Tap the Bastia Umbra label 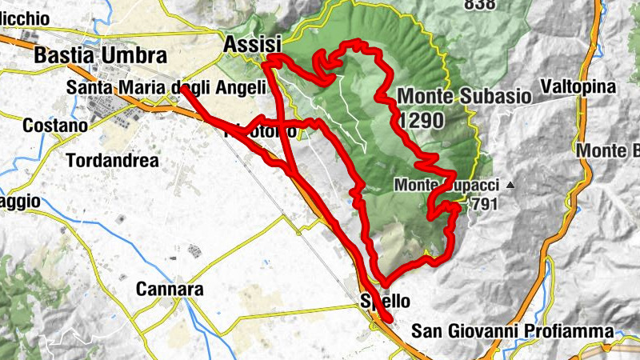click(101, 56)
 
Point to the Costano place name click(54, 126)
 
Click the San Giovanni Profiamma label click(512, 331)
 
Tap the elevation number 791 click(484, 204)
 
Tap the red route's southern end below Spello click(390, 319)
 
